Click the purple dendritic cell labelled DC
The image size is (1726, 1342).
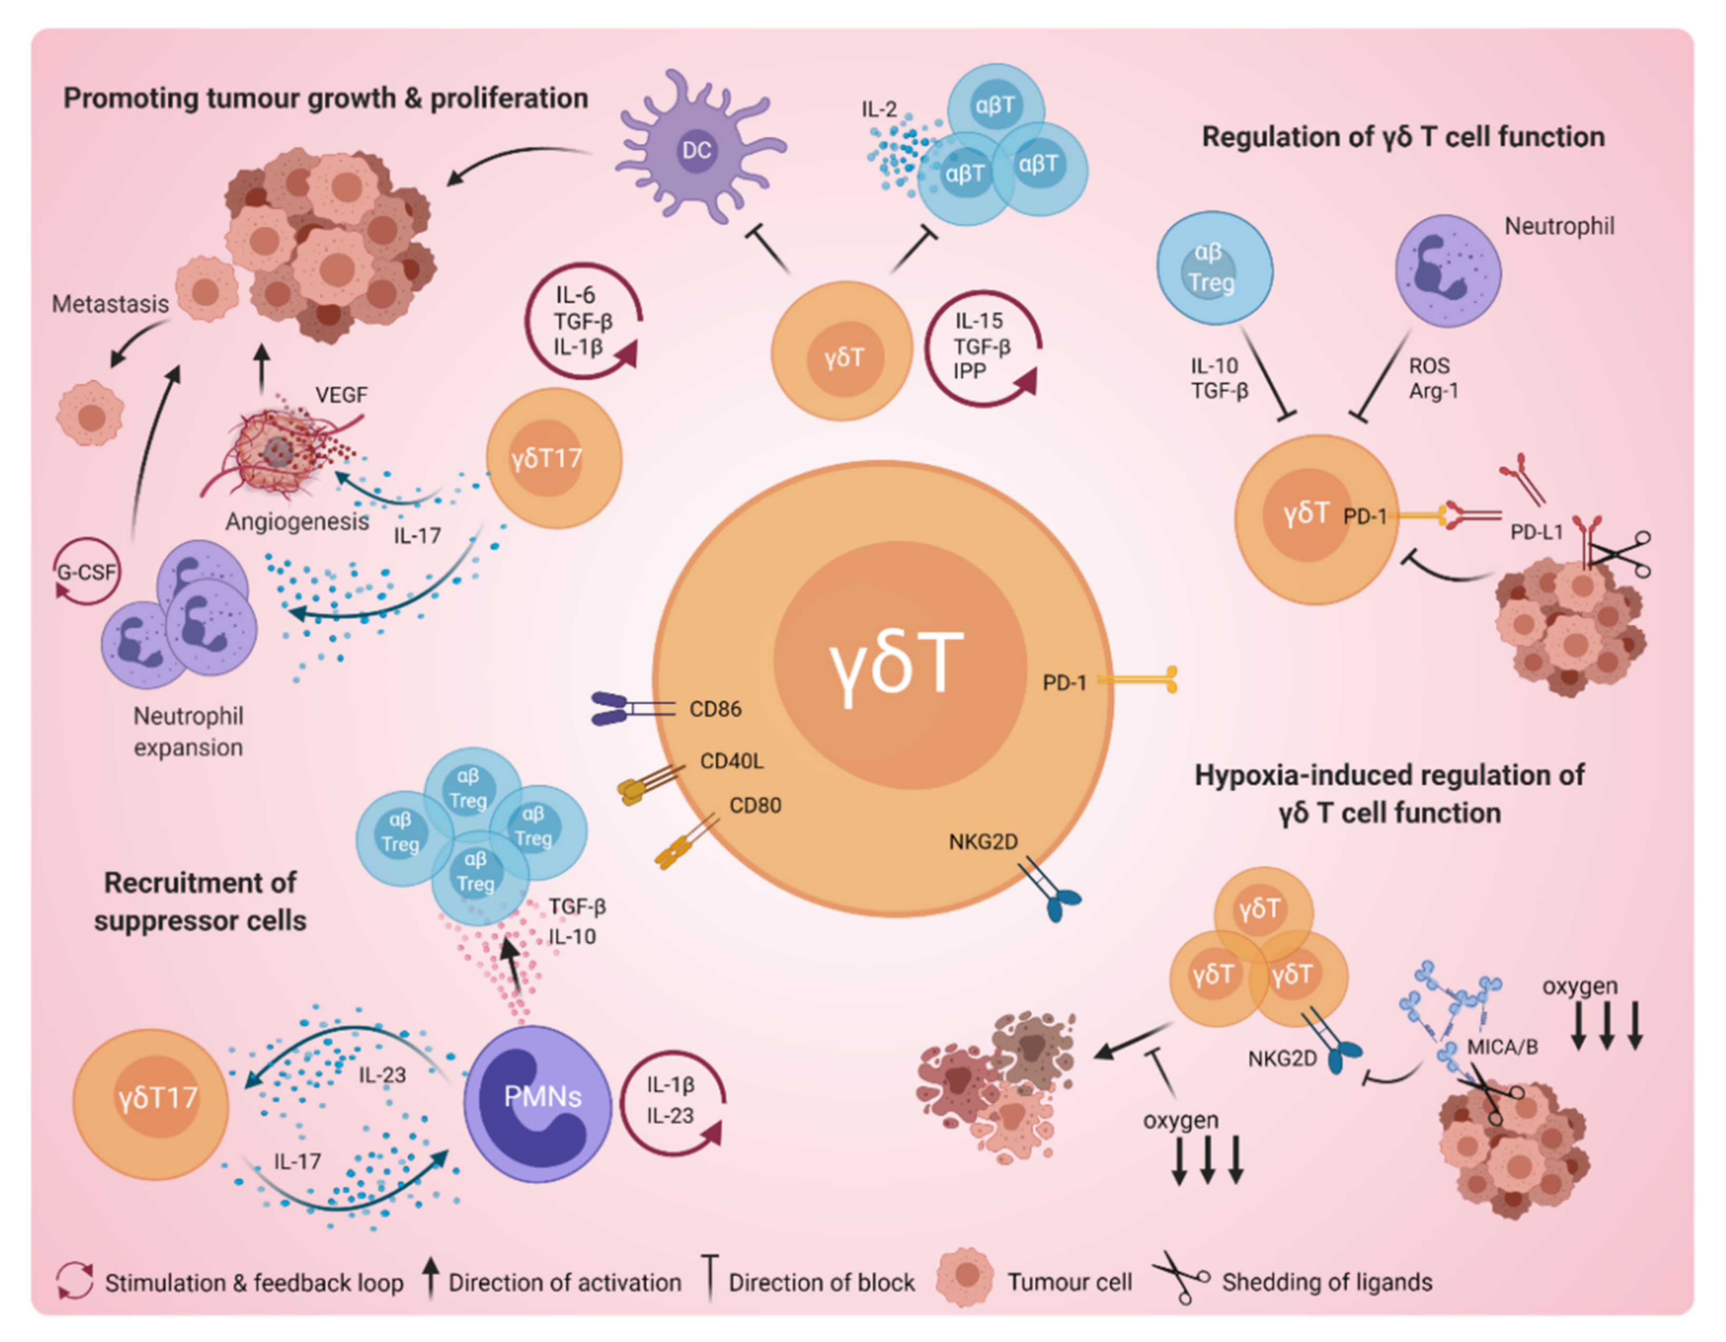pos(695,150)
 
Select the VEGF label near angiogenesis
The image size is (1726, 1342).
pos(341,395)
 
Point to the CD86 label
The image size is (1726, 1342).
pos(715,709)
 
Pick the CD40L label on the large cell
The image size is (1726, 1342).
pos(732,761)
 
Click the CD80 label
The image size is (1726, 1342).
pos(755,806)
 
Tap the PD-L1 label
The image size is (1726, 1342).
pos(1536,532)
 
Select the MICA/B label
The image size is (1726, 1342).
pos(1502,1047)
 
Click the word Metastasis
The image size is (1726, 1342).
pos(111,304)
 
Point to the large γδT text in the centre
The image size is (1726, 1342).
pos(896,664)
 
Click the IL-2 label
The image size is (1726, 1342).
pos(879,109)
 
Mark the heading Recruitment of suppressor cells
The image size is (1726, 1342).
pos(200,902)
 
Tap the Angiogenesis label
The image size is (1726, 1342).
pos(297,522)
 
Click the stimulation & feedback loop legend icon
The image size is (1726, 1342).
pos(75,1280)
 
